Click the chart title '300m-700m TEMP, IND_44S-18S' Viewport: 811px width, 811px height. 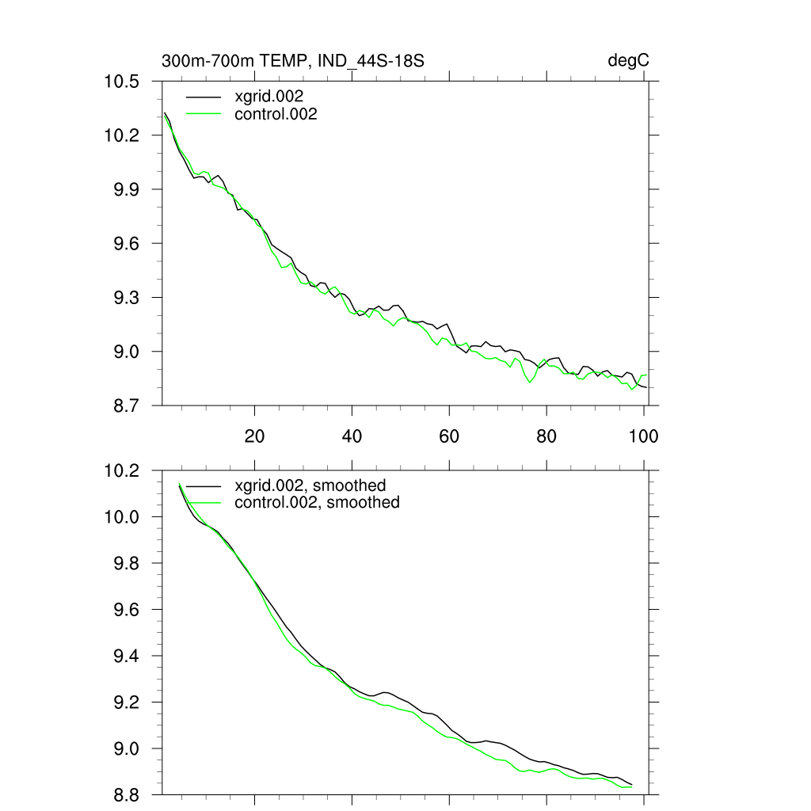[x=297, y=61]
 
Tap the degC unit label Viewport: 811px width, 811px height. [x=629, y=61]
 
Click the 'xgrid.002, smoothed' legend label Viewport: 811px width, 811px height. [x=310, y=485]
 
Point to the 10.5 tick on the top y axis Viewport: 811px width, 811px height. [x=122, y=82]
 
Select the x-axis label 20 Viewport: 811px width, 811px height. [x=254, y=436]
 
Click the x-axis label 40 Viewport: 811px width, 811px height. [x=352, y=436]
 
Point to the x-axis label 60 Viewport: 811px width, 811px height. [x=449, y=436]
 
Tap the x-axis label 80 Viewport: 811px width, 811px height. [x=546, y=436]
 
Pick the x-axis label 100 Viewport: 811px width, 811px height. [x=643, y=436]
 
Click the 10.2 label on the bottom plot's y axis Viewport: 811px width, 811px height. [x=122, y=470]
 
